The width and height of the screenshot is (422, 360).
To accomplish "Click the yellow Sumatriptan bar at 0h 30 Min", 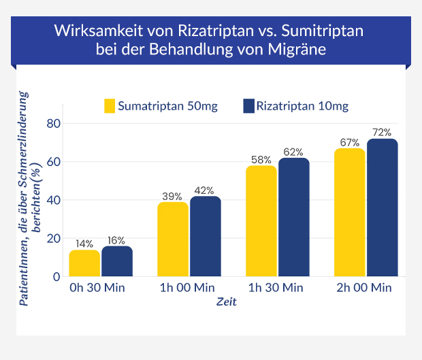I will [x=84, y=263].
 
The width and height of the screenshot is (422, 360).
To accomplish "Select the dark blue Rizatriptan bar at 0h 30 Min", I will [x=117, y=261].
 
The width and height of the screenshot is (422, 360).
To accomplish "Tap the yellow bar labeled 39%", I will [x=173, y=239].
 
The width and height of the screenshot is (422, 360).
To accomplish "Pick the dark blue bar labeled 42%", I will [x=205, y=236].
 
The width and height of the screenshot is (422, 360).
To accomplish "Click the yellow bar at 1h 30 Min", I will [x=261, y=220].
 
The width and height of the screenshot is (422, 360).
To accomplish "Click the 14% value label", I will [x=84, y=242].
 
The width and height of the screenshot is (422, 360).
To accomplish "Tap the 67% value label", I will [x=350, y=142].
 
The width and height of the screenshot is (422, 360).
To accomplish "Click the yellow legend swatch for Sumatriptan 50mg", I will [x=109, y=106].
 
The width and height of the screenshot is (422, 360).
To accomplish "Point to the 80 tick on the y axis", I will [x=53, y=123].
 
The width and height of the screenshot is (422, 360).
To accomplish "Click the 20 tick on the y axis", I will [x=53, y=238].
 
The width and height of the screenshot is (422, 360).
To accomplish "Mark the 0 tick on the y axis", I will [x=56, y=276].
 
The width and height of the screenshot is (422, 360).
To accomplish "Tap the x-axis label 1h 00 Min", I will [x=189, y=288].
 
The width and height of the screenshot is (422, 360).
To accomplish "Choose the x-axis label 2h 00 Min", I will [x=365, y=288].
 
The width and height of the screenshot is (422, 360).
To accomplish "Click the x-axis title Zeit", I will [x=227, y=302].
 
